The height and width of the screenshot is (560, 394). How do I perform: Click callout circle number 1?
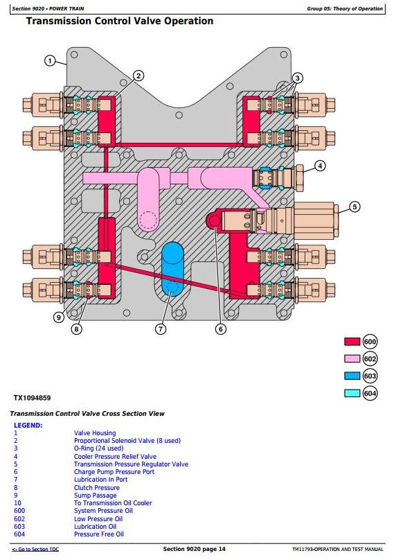50,61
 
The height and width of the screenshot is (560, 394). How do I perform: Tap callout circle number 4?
320,166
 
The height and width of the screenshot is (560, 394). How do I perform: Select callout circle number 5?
355,207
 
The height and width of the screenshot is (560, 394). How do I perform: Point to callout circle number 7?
161,329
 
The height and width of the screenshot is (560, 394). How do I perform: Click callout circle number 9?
59,317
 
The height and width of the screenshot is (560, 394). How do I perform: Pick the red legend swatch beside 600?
352,342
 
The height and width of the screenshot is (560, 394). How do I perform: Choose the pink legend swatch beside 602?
352,358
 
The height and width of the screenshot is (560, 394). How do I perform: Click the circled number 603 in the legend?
370,376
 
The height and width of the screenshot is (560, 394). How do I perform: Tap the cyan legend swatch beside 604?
352,393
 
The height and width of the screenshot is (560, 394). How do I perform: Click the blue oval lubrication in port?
172,269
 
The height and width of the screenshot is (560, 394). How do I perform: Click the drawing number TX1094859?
32,398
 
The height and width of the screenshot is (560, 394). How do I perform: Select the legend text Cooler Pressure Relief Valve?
115,457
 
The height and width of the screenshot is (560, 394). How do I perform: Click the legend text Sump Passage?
96,496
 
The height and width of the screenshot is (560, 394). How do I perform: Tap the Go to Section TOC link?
35,550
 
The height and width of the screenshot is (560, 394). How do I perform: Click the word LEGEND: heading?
28,426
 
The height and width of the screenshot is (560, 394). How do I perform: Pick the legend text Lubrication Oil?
96,527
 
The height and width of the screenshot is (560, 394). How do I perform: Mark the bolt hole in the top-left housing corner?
74,55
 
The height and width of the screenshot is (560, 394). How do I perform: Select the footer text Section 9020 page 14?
194,549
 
